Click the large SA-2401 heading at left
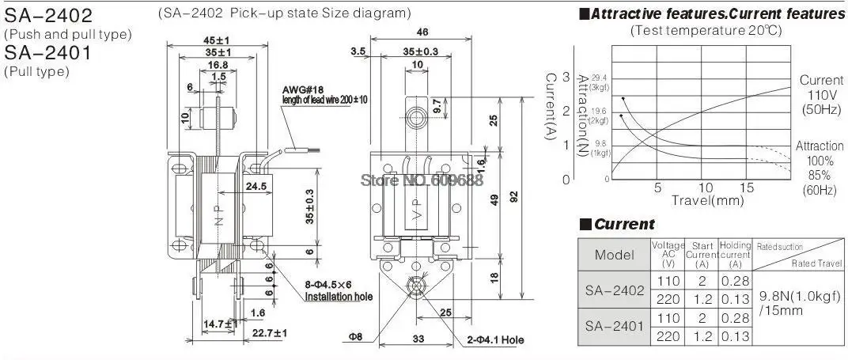(x=48, y=54)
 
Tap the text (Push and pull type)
(x=68, y=34)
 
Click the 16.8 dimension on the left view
(x=218, y=66)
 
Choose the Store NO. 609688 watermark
(x=422, y=179)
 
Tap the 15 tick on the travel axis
(x=748, y=188)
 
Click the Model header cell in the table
(x=614, y=255)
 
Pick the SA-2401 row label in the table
(x=614, y=325)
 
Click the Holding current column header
(x=735, y=254)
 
